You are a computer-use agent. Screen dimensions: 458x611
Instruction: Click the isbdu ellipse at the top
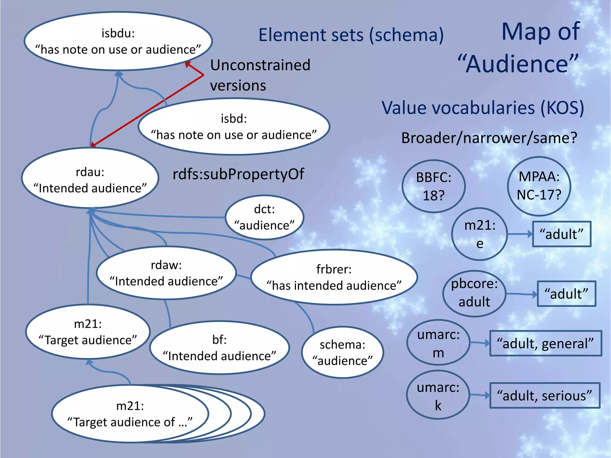coord(118,41)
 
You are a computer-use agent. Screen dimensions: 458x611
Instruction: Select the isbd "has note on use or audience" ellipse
coord(234,127)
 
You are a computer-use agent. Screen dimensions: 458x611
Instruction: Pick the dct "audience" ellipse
coord(264,217)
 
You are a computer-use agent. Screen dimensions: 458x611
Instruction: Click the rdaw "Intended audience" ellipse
coord(166,273)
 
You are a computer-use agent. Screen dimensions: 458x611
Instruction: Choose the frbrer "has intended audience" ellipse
coord(334,277)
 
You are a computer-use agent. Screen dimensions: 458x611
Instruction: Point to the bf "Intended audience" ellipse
coord(220,348)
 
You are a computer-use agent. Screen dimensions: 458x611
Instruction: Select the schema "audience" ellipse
coord(342,352)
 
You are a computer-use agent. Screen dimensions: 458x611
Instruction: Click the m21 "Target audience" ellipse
coord(88,332)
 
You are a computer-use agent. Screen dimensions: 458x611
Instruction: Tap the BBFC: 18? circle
coord(433,186)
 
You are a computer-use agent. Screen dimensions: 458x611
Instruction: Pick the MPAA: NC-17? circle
coord(539,186)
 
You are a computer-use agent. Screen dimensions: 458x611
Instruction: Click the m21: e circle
coord(479,234)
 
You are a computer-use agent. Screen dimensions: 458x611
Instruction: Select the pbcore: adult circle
coord(474,293)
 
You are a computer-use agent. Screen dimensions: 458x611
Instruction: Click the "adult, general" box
coord(545,343)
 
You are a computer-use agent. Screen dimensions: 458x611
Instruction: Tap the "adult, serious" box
coord(545,395)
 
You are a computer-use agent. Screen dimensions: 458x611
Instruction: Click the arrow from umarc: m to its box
coord(480,343)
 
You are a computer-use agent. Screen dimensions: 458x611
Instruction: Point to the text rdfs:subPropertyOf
coord(238,174)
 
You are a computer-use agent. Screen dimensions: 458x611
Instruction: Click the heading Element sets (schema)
coord(351,35)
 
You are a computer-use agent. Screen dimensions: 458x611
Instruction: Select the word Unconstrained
coord(260,65)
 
